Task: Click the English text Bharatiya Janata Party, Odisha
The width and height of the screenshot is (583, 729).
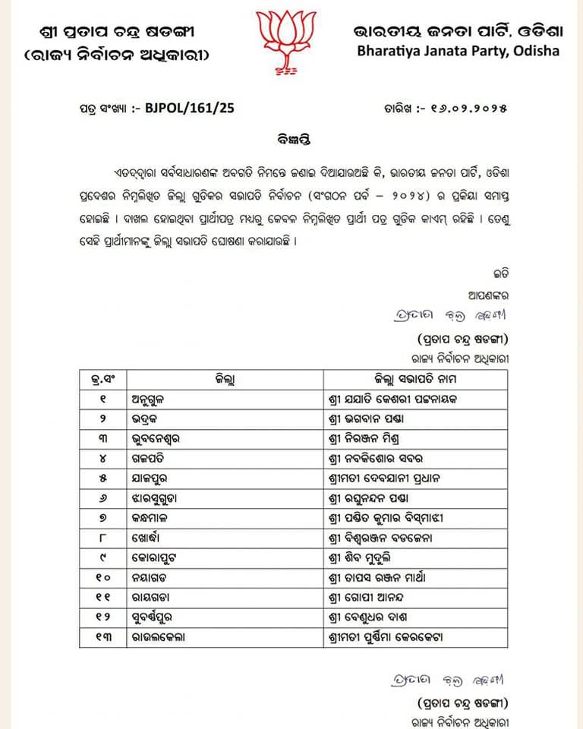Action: click(459, 52)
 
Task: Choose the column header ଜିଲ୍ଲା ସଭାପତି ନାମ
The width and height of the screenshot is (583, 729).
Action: click(414, 378)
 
